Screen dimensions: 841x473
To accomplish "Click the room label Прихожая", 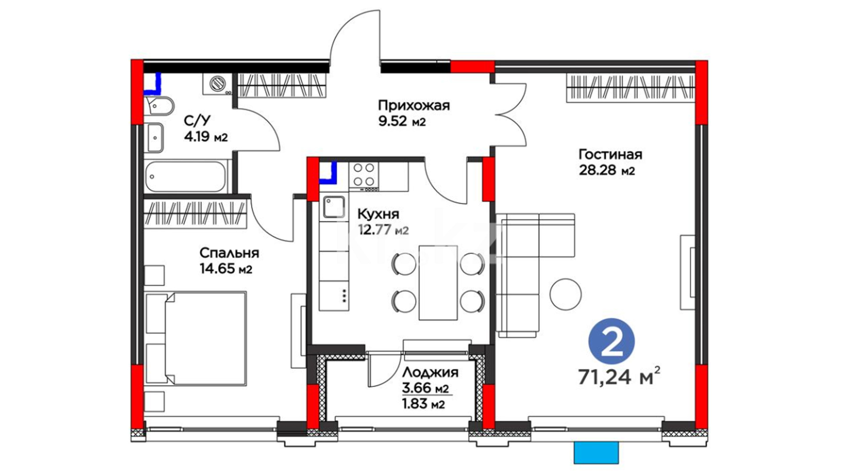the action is pyautogui.click(x=414, y=106).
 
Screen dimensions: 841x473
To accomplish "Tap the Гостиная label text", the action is pyautogui.click(x=610, y=155).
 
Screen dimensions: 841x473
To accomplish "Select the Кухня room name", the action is pyautogui.click(x=378, y=214).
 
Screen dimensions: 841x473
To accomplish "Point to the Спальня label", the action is pyautogui.click(x=229, y=253).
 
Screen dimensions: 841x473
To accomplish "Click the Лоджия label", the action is pyautogui.click(x=430, y=372).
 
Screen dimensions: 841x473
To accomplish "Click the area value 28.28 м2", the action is pyautogui.click(x=607, y=170).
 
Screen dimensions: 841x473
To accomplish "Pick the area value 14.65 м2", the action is pyautogui.click(x=226, y=268).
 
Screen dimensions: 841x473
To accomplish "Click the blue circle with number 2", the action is pyautogui.click(x=612, y=341).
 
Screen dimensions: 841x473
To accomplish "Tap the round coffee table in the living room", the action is pyautogui.click(x=566, y=294).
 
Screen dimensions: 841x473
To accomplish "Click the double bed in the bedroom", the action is pyautogui.click(x=196, y=339).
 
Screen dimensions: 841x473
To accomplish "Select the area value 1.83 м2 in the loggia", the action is pyautogui.click(x=423, y=403).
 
